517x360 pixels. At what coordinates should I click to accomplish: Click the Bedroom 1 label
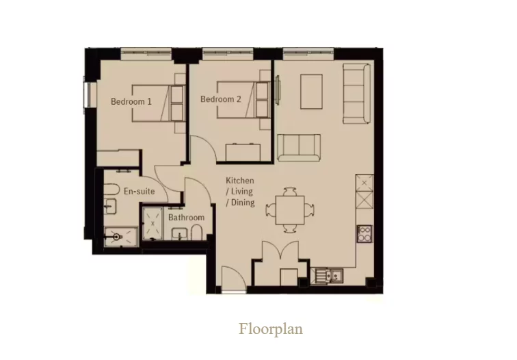[131, 101]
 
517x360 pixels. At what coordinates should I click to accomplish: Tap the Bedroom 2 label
[221, 99]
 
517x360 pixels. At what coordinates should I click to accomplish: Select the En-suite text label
[138, 191]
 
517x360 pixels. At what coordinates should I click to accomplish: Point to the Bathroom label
[186, 218]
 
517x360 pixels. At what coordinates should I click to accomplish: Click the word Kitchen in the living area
[240, 181]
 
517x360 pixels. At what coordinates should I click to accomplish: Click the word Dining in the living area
[243, 203]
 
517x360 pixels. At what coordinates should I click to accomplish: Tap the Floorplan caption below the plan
[271, 329]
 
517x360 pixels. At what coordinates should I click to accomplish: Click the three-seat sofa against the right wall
[356, 94]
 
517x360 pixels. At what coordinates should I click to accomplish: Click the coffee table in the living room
[311, 90]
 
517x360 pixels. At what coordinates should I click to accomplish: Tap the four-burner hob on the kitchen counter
[364, 233]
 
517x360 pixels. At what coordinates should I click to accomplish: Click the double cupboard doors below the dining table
[280, 253]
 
